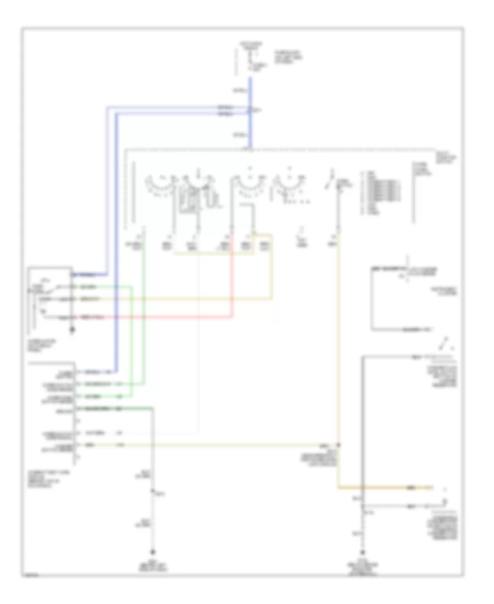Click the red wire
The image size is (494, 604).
coord(165,317)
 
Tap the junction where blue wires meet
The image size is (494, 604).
coord(250,110)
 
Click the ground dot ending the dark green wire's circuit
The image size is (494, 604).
coord(153,551)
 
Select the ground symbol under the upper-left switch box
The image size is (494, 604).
coord(71,332)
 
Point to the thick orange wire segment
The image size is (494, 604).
coord(384,487)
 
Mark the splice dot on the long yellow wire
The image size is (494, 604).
coord(339,444)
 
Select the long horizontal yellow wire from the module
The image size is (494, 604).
coord(220,444)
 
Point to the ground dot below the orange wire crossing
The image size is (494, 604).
coord(362,551)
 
